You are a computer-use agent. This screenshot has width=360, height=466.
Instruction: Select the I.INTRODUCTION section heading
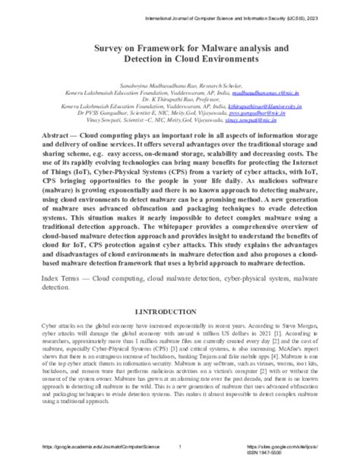(x=180, y=312)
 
